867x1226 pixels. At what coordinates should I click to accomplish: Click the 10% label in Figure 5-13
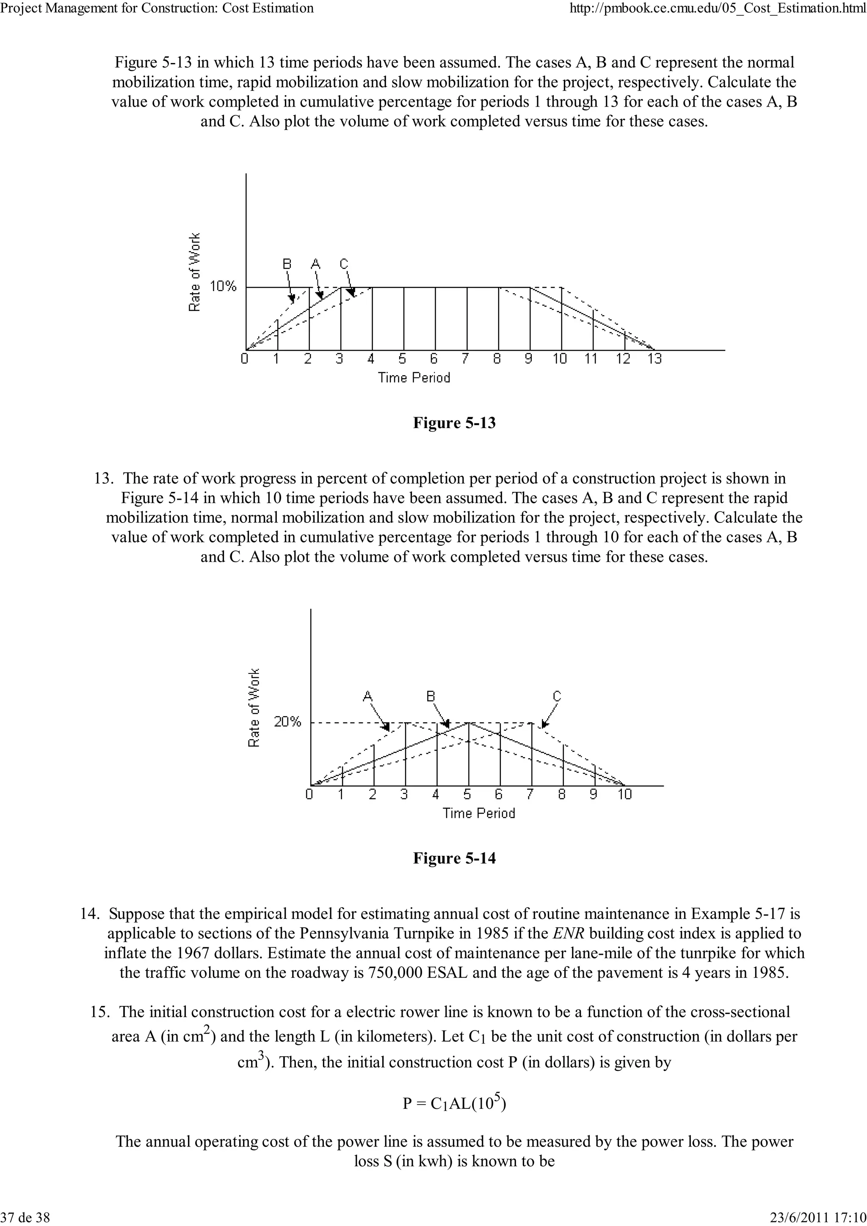tap(223, 287)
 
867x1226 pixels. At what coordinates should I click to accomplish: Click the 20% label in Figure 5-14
tap(287, 723)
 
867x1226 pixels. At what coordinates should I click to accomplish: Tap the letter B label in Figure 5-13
tap(287, 264)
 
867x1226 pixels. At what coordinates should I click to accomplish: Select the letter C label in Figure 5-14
tap(557, 696)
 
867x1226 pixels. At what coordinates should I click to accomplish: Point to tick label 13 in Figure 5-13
tap(654, 359)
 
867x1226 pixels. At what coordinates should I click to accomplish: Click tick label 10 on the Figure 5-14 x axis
tap(624, 794)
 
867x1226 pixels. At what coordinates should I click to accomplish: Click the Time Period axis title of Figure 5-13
tap(414, 378)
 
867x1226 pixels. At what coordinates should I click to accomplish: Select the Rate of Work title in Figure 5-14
tap(254, 708)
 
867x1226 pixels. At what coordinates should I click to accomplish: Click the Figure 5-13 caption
tap(454, 423)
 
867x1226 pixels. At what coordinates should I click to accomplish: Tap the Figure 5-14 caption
tap(454, 859)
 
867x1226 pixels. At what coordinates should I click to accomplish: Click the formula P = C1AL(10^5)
tap(454, 1103)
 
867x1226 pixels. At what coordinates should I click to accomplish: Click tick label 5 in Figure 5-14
tap(467, 794)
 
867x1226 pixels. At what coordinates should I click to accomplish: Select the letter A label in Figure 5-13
tap(315, 264)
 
